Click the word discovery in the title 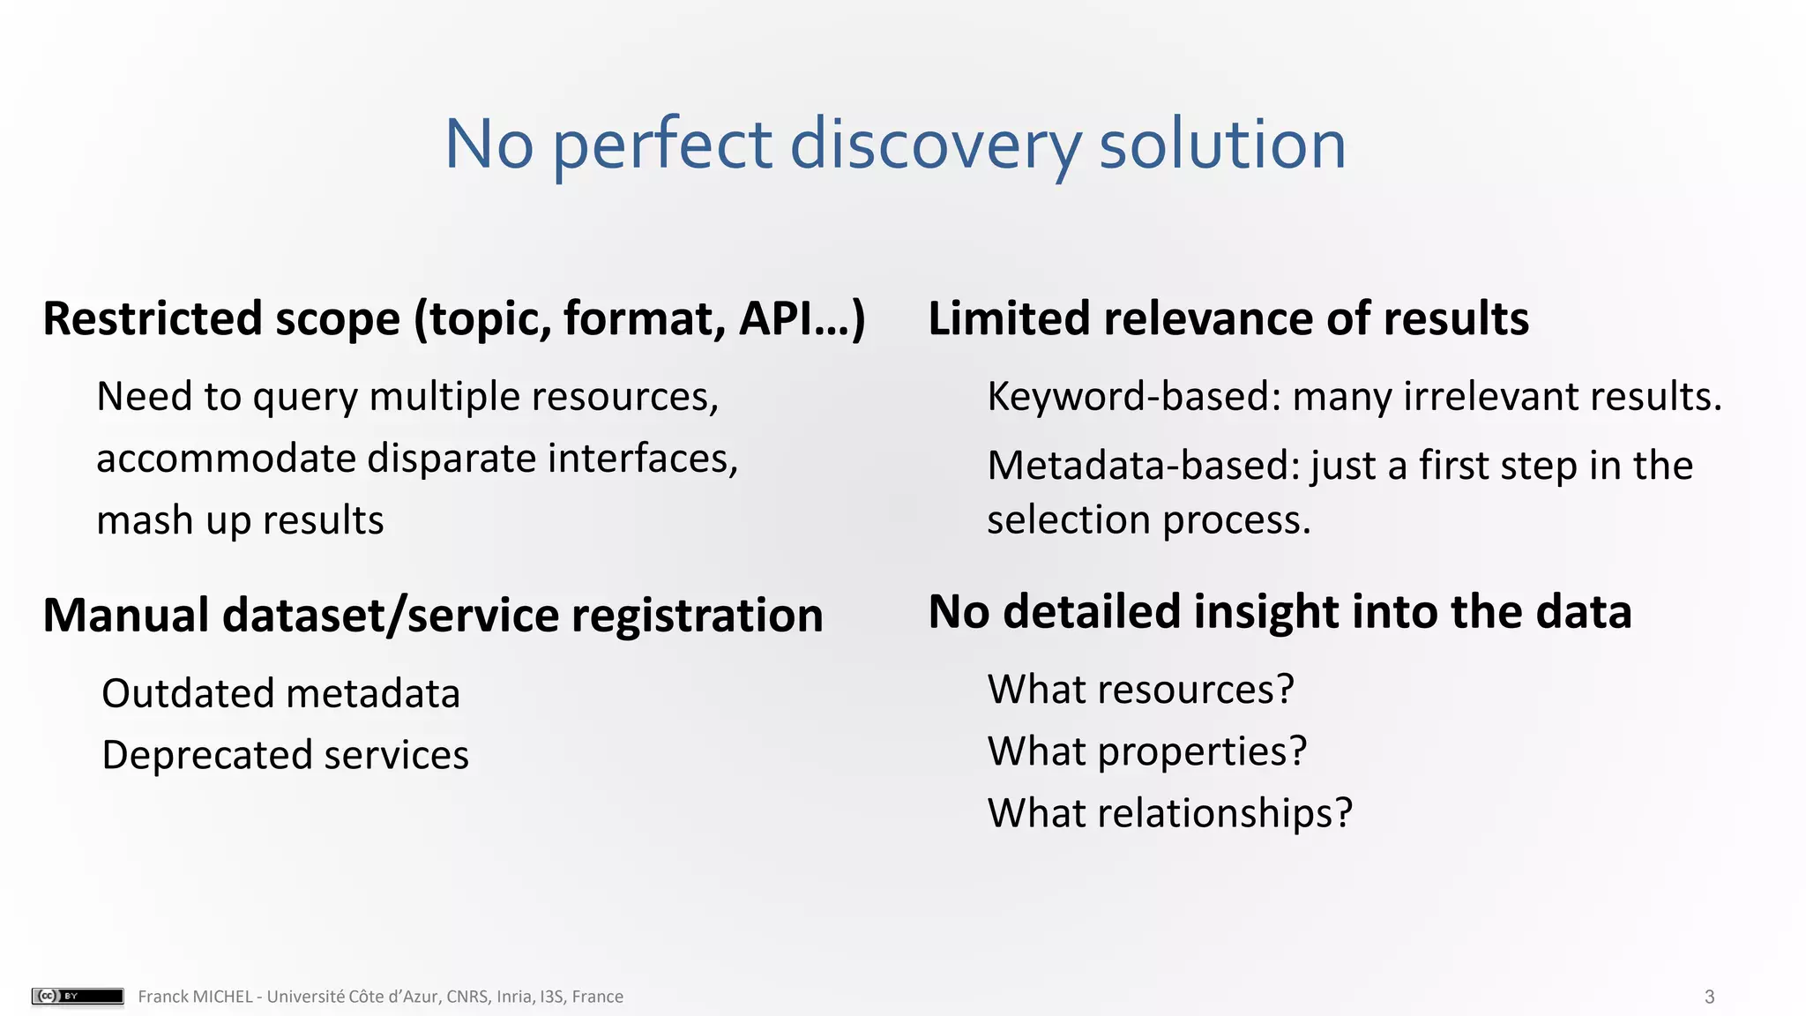click(935, 146)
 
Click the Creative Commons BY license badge click(78, 997)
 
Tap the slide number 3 click(1709, 997)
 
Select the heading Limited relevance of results click(1228, 318)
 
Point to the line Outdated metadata click(280, 694)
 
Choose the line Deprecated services click(285, 756)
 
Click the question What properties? click(1146, 752)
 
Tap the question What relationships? click(1169, 813)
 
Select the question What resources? click(1140, 690)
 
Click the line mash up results click(240, 520)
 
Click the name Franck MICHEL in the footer click(195, 997)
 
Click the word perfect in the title click(662, 146)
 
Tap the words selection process click(1148, 520)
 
